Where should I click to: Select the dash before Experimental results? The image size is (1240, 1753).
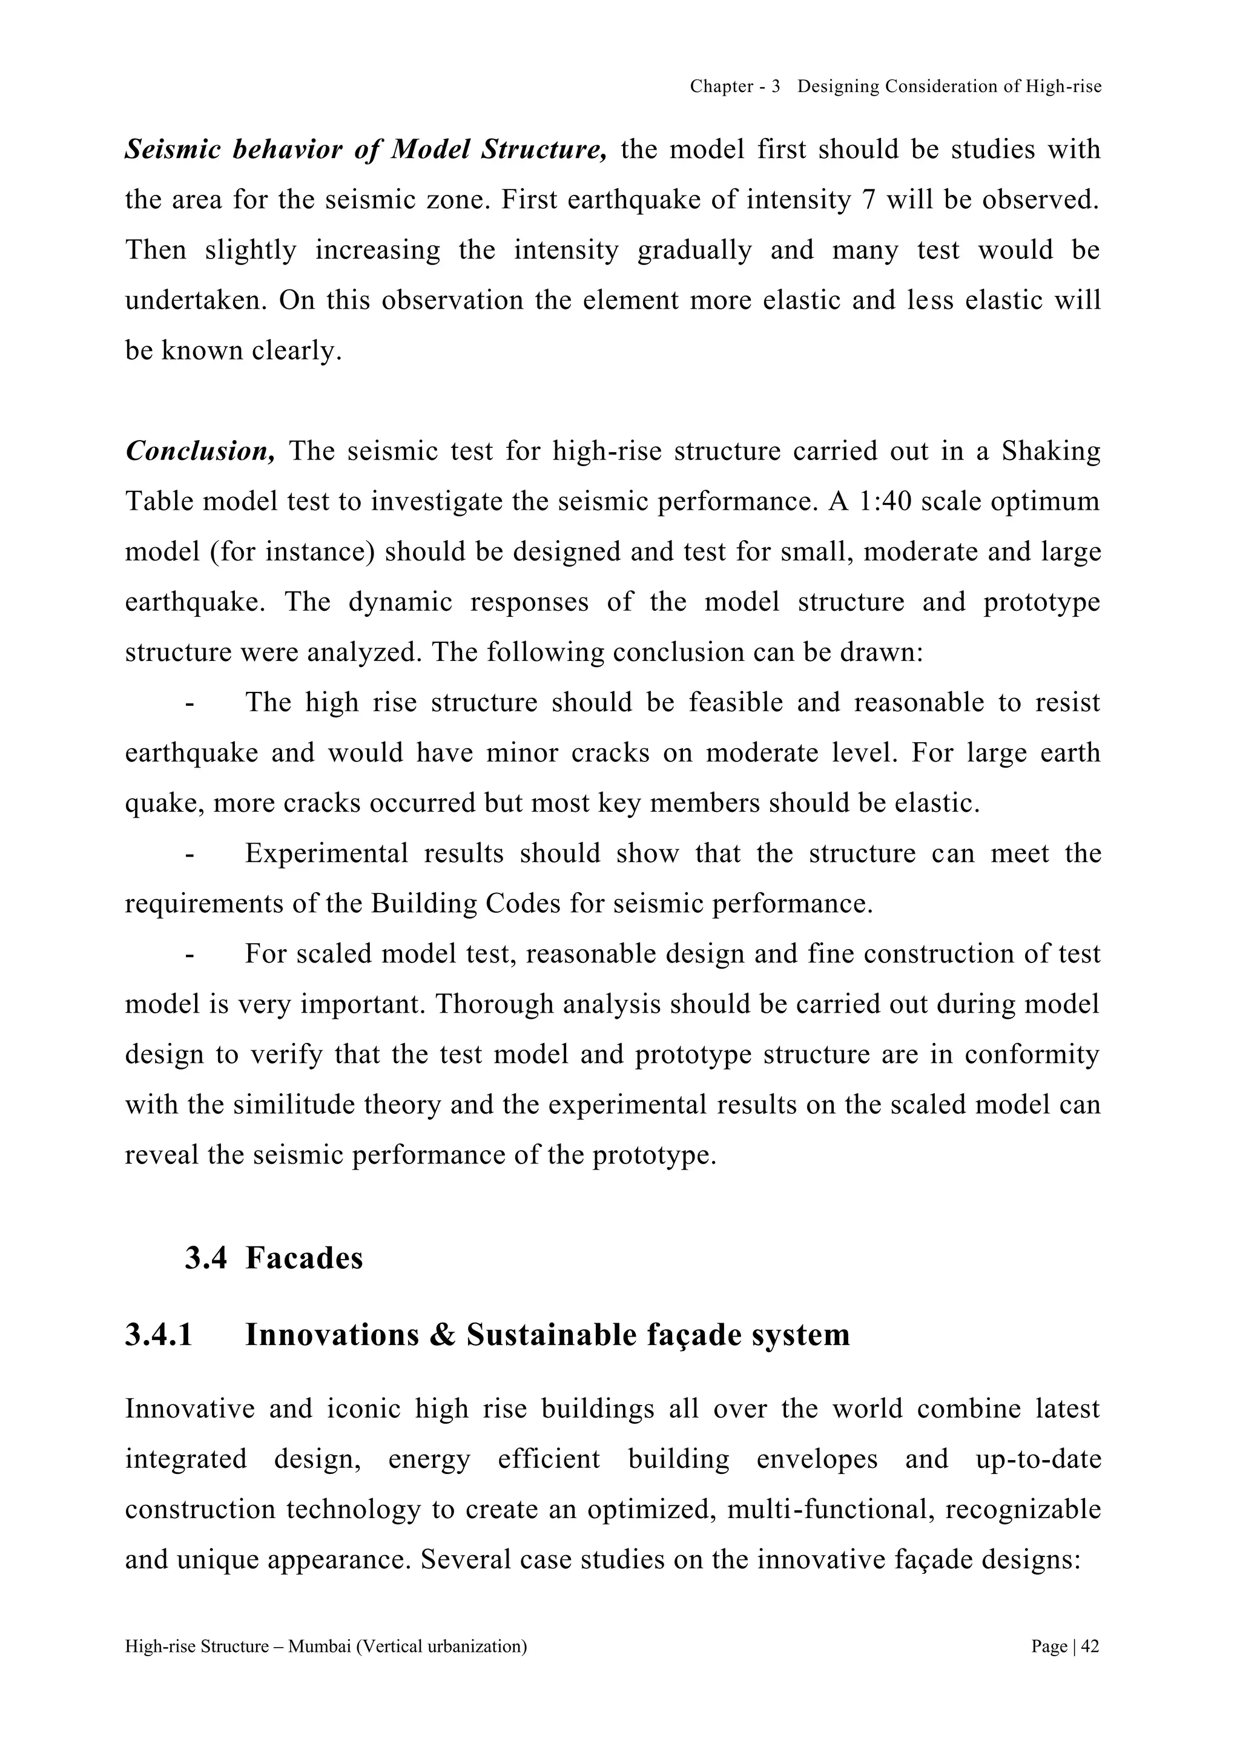[190, 853]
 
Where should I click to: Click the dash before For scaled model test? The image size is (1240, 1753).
[190, 955]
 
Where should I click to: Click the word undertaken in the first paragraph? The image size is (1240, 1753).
[196, 301]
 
